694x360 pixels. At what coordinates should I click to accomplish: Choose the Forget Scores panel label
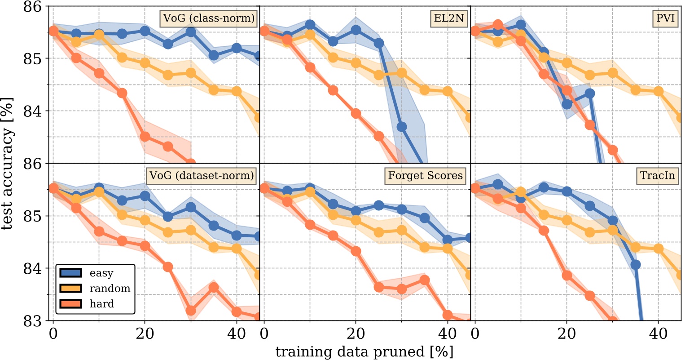pos(425,175)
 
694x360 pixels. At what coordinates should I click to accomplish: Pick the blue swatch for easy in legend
pos(69,273)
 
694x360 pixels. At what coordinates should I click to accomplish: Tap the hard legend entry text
pos(102,304)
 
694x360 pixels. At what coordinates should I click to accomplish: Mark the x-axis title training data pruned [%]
pos(364,351)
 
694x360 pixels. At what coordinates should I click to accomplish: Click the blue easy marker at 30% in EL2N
pos(402,127)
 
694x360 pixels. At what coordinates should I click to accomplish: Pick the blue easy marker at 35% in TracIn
pos(635,265)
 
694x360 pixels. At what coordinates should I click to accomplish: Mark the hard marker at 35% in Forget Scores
pos(425,280)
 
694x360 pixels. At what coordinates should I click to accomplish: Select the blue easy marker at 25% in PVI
pos(590,93)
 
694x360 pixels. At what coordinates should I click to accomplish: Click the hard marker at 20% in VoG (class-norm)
pos(145,136)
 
